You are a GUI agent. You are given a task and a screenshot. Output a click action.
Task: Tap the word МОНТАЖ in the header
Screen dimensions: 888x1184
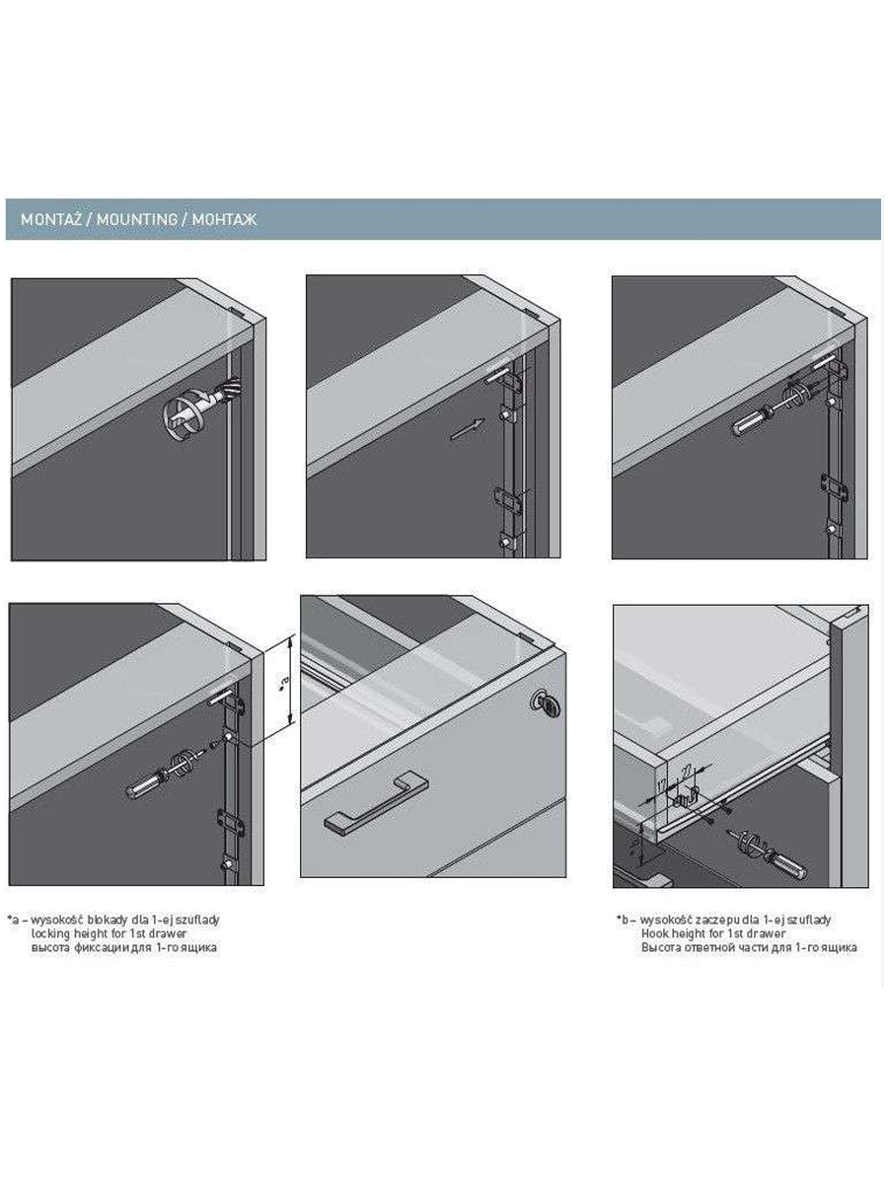point(223,219)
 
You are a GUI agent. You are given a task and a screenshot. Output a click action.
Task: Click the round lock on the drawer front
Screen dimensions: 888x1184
point(544,703)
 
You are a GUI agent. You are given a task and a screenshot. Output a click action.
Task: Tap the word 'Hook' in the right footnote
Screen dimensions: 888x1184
point(655,932)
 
